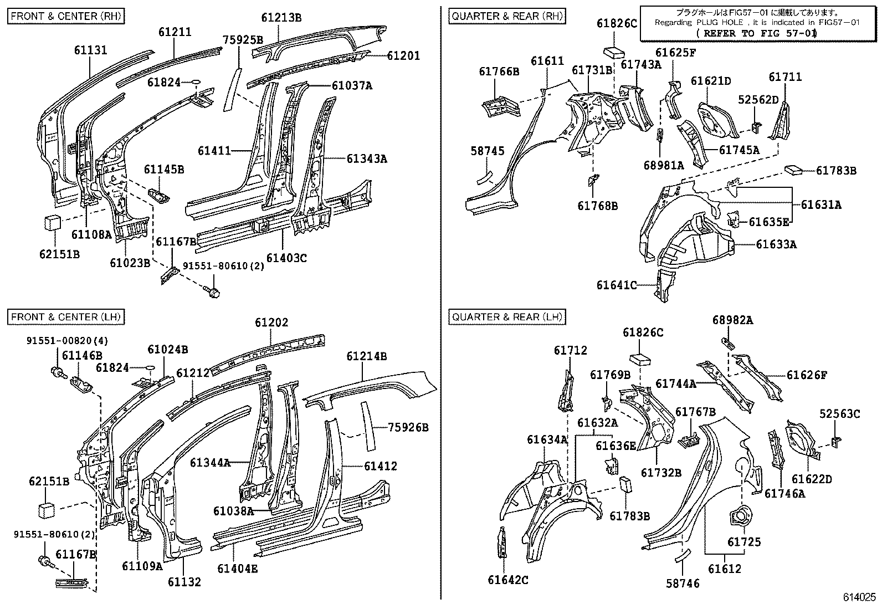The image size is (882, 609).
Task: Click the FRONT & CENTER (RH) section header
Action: coord(65,16)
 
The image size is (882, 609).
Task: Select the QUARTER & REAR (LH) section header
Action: coord(507,317)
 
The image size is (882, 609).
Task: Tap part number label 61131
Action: coord(91,50)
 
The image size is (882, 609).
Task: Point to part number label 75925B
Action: coord(243,40)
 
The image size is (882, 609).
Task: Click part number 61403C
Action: coord(286,258)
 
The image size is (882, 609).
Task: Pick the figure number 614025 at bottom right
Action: coord(859,597)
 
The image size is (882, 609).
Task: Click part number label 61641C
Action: coord(617,285)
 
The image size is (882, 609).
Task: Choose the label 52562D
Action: coord(758,99)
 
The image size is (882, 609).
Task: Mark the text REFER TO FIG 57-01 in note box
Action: coord(757,33)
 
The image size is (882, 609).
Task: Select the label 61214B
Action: coord(367,356)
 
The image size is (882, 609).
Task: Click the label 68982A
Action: coord(732,320)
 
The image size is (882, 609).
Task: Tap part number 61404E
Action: coord(237,568)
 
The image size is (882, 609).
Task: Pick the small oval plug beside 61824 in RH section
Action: coord(196,83)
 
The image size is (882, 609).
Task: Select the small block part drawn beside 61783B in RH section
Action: coord(794,169)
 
